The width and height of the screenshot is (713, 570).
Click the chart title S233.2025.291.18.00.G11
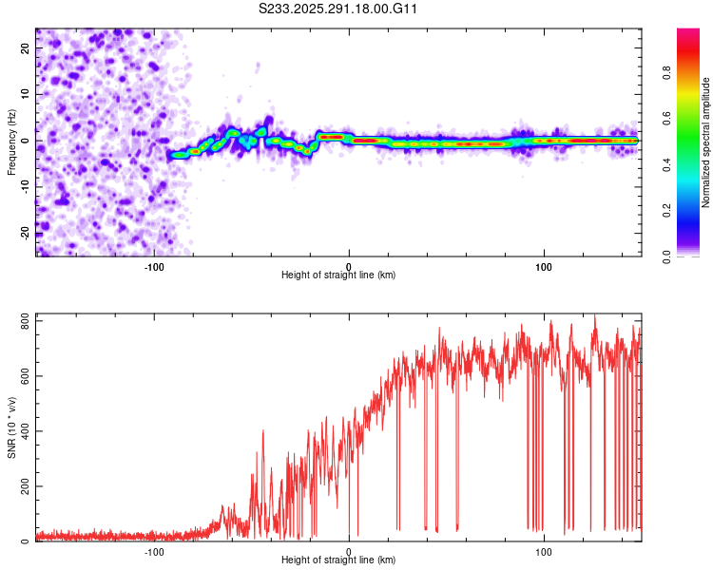coord(339,9)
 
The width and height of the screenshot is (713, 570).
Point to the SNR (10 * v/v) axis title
coord(11,427)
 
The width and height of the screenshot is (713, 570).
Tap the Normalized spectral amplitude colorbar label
coord(705,142)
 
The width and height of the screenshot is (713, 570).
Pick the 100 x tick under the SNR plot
coord(544,551)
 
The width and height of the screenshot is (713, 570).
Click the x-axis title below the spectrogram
coord(339,275)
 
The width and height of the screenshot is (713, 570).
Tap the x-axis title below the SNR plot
coord(339,560)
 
